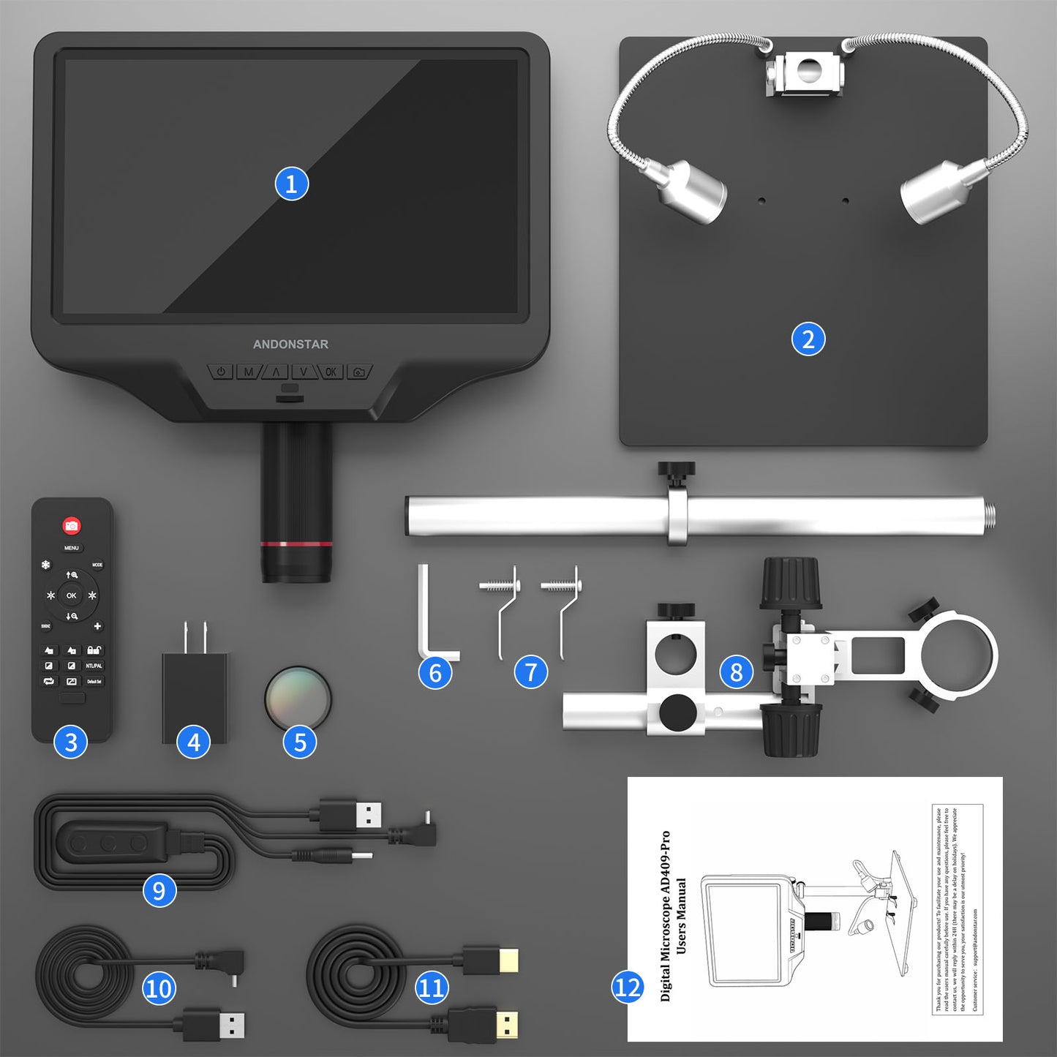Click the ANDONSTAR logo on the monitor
[290, 344]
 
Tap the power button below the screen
[221, 372]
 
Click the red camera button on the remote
[71, 525]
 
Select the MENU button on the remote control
[71, 548]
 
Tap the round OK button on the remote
[71, 595]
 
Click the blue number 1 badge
[291, 184]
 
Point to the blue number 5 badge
[300, 742]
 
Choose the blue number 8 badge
[736, 672]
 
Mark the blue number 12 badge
[627, 988]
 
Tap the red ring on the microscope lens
[296, 544]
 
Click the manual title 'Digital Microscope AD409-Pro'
[665, 915]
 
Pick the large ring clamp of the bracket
[958, 653]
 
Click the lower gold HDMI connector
[505, 1024]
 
